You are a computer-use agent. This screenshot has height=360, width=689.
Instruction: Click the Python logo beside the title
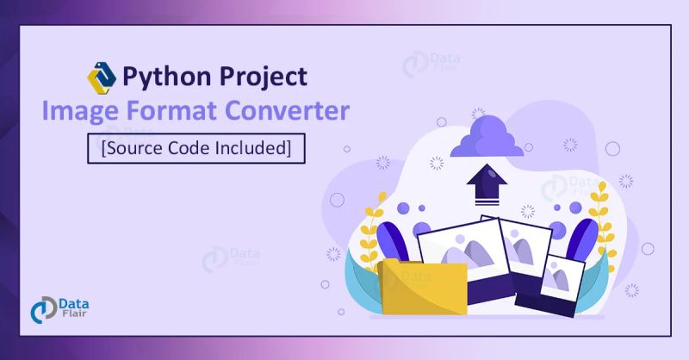102,77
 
